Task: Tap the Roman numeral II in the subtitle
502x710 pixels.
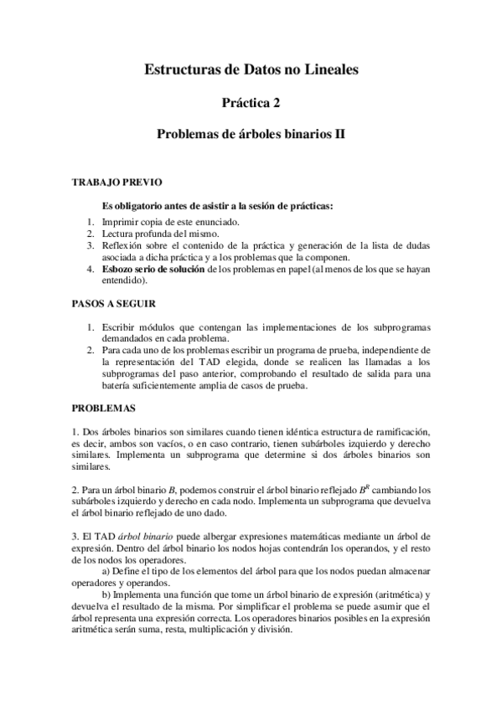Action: tap(340, 133)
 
